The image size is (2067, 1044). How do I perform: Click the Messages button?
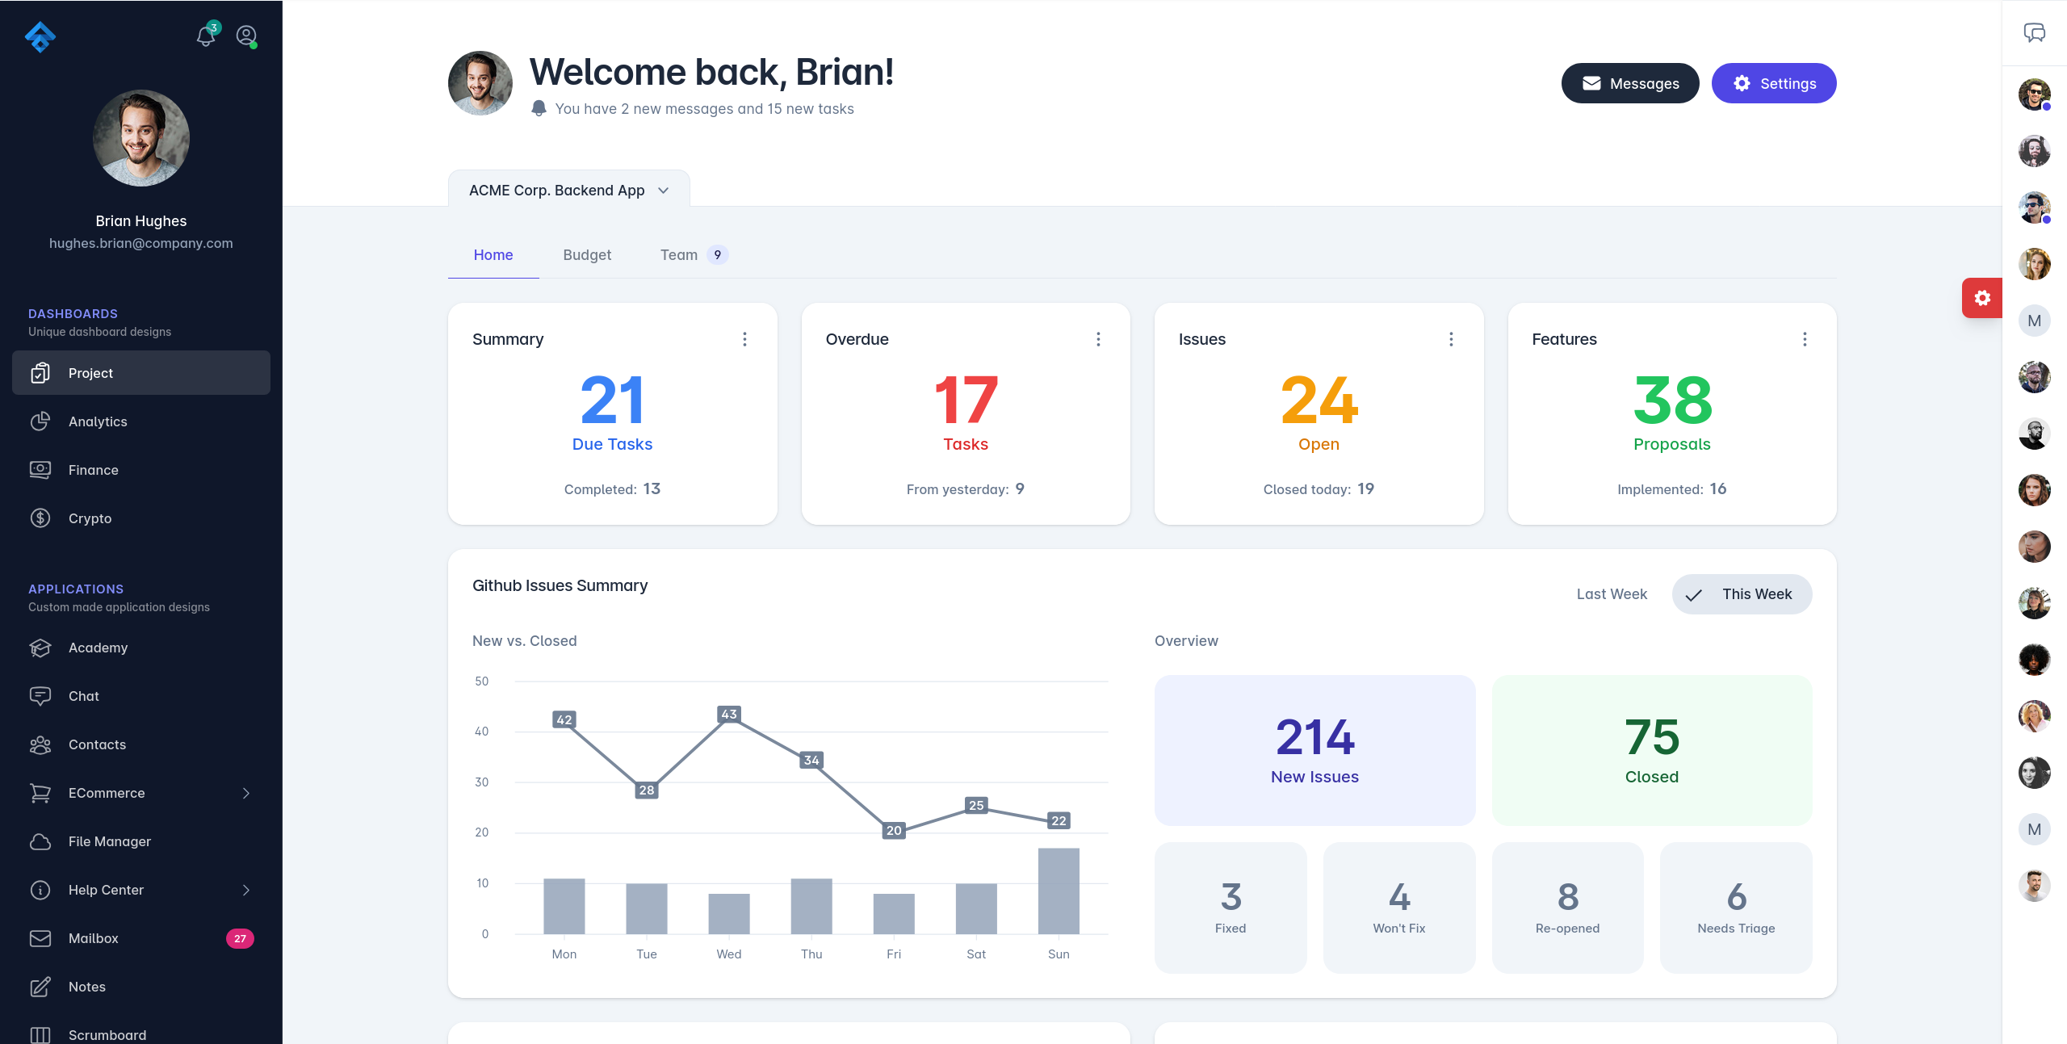click(x=1629, y=83)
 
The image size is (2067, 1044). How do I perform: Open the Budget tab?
click(x=587, y=255)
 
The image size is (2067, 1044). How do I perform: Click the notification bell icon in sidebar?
click(x=206, y=36)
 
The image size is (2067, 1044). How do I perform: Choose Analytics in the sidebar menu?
click(x=98, y=421)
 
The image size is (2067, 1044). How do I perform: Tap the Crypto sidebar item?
click(x=90, y=518)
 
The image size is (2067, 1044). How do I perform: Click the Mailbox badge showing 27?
click(x=240, y=938)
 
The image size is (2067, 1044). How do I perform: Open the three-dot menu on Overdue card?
click(x=1098, y=339)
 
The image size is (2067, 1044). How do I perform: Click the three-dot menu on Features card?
click(x=1805, y=339)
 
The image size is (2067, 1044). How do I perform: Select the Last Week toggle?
click(x=1612, y=594)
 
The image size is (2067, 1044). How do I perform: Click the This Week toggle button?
click(x=1742, y=594)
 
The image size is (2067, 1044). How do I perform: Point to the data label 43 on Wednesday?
click(x=729, y=714)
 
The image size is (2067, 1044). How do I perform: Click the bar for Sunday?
click(x=1059, y=891)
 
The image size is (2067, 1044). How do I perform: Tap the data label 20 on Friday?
click(x=894, y=830)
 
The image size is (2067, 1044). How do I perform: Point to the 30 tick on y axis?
click(x=482, y=782)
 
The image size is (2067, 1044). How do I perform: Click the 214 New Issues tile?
click(x=1314, y=750)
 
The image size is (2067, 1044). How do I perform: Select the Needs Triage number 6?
click(x=1736, y=897)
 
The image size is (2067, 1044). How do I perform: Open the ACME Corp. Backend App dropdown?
click(x=568, y=191)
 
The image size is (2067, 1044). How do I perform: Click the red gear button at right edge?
click(x=1981, y=298)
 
